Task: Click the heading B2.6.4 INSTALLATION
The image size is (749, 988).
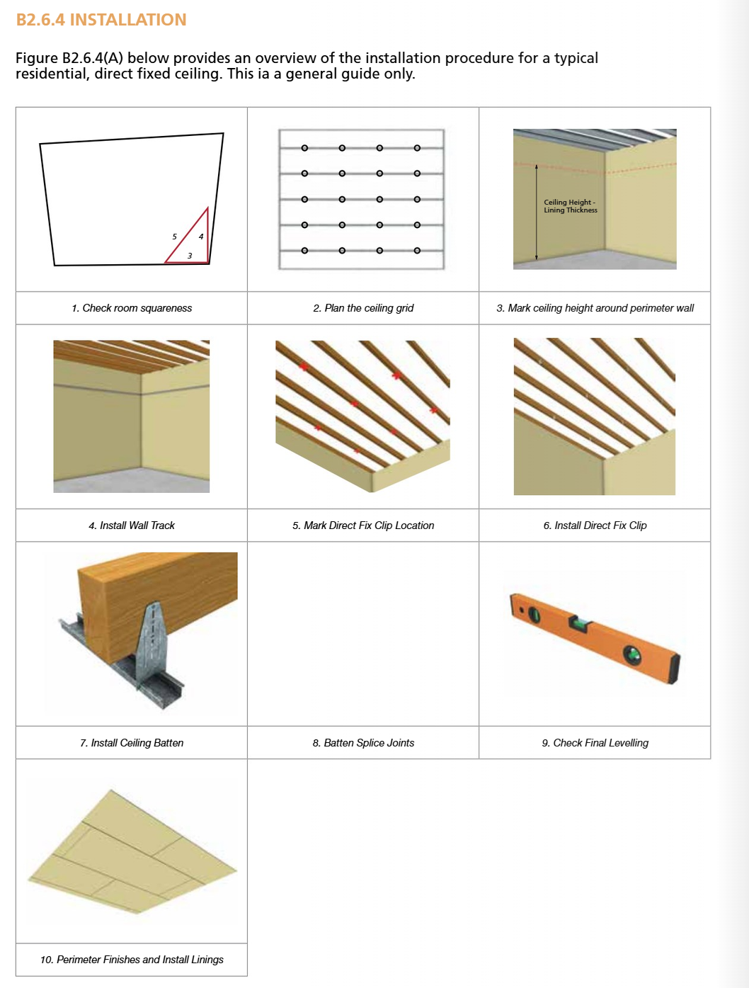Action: point(101,20)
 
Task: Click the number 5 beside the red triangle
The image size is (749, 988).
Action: point(174,237)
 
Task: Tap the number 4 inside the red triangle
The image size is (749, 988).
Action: point(201,237)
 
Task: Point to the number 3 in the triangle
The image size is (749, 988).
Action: point(190,256)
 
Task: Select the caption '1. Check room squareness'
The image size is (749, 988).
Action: point(132,308)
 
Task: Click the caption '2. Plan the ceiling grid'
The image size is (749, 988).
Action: point(363,308)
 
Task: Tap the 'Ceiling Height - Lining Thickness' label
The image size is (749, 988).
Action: point(570,206)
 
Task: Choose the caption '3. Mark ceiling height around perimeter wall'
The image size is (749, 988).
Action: point(595,308)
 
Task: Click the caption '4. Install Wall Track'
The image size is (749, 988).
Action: point(132,526)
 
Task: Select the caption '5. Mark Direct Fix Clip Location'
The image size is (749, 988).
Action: point(363,526)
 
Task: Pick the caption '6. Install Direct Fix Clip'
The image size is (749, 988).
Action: point(595,526)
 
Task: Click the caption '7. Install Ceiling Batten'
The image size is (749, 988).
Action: point(132,743)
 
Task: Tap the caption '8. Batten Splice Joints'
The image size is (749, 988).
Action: point(363,743)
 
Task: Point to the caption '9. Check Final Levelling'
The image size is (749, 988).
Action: point(595,743)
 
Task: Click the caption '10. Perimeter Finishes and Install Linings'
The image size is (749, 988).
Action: point(132,960)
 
